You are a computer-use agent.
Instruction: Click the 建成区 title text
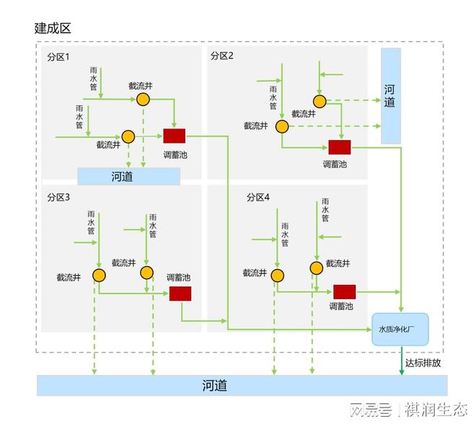[53, 28]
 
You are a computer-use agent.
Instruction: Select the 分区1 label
[58, 56]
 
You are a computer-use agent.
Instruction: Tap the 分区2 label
[222, 56]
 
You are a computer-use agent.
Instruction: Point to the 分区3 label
[58, 197]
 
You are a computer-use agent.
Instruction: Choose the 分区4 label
[257, 197]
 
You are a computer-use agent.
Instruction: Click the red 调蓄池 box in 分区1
[174, 136]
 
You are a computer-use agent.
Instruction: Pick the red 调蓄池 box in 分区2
[339, 146]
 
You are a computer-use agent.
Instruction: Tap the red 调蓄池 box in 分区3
[180, 293]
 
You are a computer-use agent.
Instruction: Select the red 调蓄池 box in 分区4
[344, 291]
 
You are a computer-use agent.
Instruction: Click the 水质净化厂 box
[400, 329]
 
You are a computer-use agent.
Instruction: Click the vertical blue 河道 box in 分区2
[390, 95]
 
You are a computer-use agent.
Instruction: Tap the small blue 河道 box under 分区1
[128, 176]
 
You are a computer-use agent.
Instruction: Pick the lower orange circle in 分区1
[128, 136]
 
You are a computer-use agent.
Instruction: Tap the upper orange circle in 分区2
[319, 101]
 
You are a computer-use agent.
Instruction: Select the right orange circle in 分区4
[316, 268]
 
